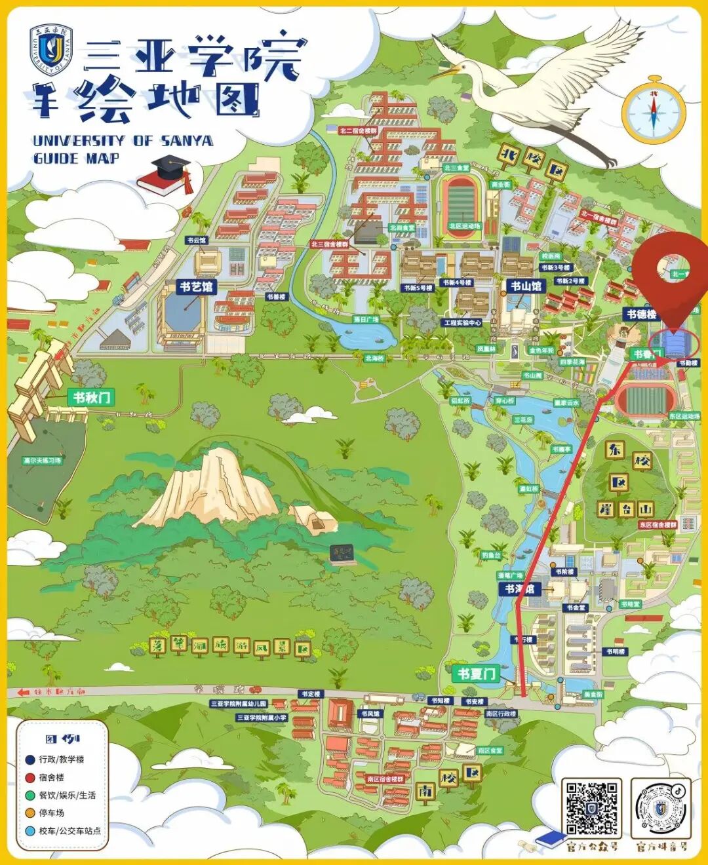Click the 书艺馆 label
196,286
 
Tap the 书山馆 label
526,286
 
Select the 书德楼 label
640,314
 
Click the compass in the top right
653,112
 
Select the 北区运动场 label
464,226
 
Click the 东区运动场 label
684,416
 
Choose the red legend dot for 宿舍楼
29,777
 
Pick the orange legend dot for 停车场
29,813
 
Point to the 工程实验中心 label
462,322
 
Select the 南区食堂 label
490,750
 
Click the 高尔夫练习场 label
43,461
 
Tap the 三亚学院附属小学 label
262,718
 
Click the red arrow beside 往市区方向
24,691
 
